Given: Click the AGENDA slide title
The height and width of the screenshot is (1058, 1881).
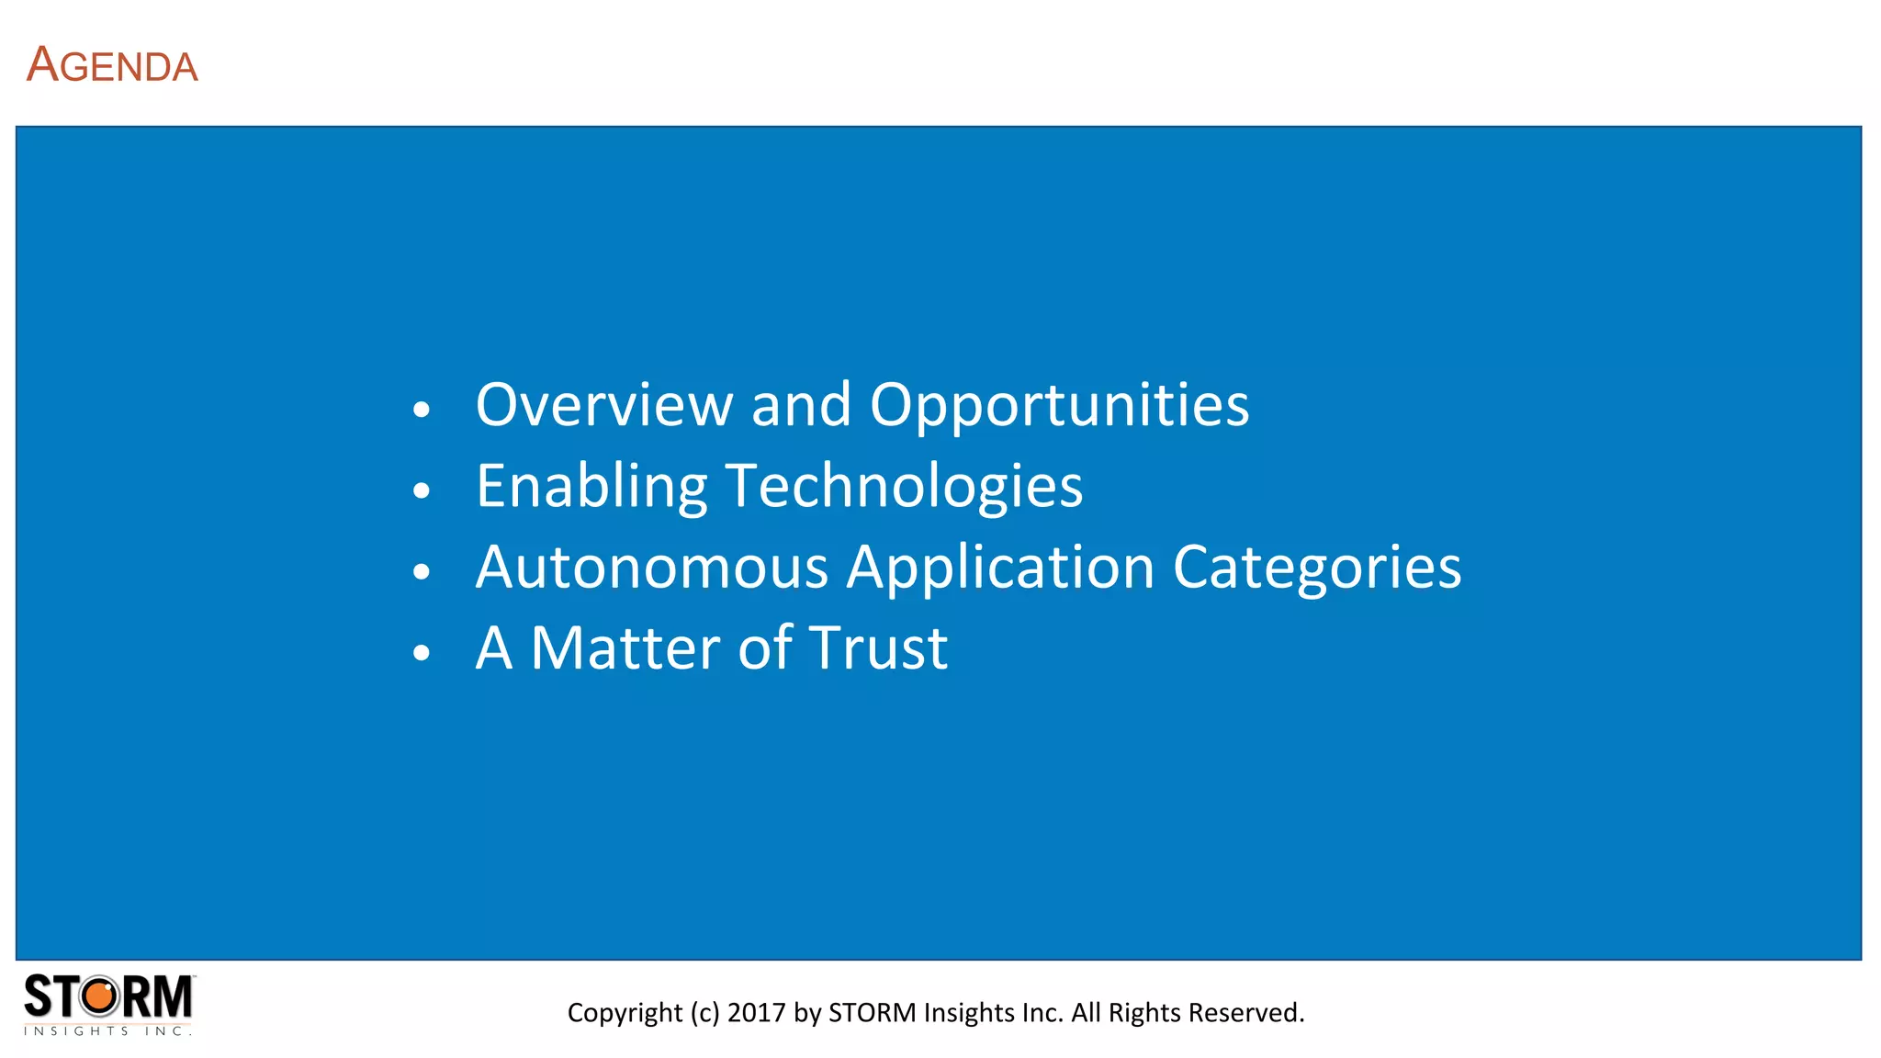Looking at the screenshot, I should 112,66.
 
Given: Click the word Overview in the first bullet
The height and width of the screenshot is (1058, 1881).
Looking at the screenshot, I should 603,405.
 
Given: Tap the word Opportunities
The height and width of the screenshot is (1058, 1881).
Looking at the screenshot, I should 1059,405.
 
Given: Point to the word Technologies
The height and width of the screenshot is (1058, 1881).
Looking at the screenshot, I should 904,486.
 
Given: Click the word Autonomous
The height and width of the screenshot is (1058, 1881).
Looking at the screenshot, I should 652,567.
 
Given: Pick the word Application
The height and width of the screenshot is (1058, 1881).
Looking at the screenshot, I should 1000,567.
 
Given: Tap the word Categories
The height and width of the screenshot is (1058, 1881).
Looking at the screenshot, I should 1316,567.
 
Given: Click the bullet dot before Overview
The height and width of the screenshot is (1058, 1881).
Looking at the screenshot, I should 422,410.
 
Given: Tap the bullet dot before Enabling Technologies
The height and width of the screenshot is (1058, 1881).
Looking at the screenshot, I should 422,490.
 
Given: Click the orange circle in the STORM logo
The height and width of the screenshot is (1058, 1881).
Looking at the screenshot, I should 100,996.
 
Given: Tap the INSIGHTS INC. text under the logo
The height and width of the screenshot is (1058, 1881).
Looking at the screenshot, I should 107,1031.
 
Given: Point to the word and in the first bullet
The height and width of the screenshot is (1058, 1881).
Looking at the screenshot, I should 801,405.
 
